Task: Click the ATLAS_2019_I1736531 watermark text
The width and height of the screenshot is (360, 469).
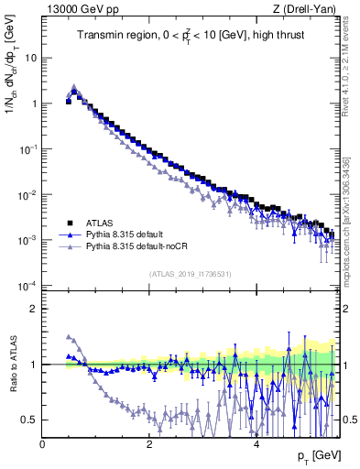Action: [190, 275]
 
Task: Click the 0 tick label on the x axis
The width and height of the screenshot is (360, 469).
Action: [43, 444]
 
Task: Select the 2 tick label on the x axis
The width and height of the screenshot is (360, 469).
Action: [149, 444]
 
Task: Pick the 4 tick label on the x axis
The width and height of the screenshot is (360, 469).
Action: [256, 444]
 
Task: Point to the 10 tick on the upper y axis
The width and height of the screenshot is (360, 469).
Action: [29, 57]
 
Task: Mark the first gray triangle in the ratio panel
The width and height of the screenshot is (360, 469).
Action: [69, 336]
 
